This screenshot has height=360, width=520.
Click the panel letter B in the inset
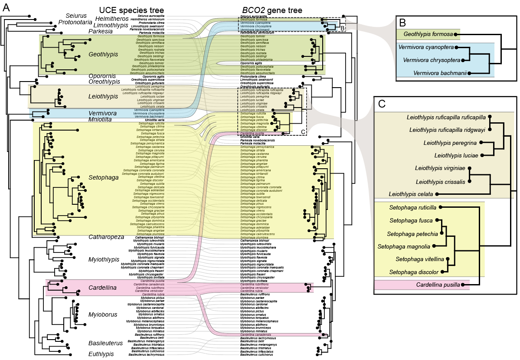(x=402, y=22)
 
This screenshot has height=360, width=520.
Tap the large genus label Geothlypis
(x=104, y=54)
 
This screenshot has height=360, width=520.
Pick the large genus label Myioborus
(x=103, y=314)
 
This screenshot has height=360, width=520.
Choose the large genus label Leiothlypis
(x=104, y=96)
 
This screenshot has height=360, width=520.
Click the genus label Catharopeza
(x=107, y=237)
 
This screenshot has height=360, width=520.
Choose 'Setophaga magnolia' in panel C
(x=404, y=246)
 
